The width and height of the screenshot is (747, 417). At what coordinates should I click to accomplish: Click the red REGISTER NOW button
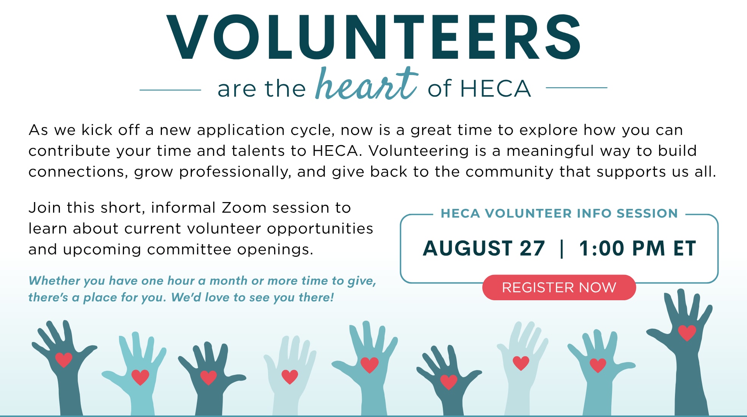point(559,287)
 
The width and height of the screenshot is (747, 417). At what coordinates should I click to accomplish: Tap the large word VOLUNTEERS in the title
point(373,37)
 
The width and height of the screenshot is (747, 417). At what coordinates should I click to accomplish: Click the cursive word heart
point(367,84)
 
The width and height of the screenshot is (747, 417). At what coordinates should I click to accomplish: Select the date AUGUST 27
point(484,248)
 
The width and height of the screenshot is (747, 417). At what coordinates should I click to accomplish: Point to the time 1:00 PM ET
point(637,248)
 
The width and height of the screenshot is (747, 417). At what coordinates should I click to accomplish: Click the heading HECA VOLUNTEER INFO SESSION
point(559,213)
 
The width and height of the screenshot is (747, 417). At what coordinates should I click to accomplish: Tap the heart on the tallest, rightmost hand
point(687,333)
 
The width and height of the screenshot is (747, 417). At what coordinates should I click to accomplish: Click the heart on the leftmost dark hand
point(64,360)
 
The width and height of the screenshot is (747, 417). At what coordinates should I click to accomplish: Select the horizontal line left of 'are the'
point(170,90)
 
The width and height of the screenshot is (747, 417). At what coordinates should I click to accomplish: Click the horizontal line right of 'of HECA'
point(576,88)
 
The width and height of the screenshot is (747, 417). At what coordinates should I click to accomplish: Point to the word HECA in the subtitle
point(495,89)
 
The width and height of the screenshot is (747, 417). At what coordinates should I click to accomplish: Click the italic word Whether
point(54,281)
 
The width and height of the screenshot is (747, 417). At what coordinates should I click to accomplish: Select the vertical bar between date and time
point(562,249)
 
